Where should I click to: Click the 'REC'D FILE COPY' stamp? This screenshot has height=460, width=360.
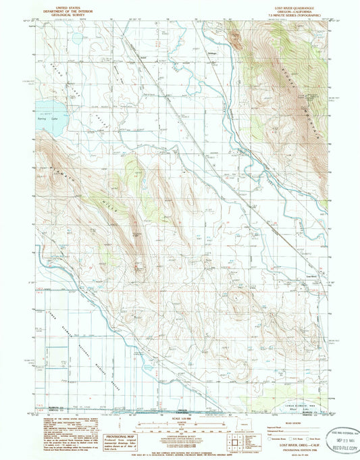click(x=344, y=447)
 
